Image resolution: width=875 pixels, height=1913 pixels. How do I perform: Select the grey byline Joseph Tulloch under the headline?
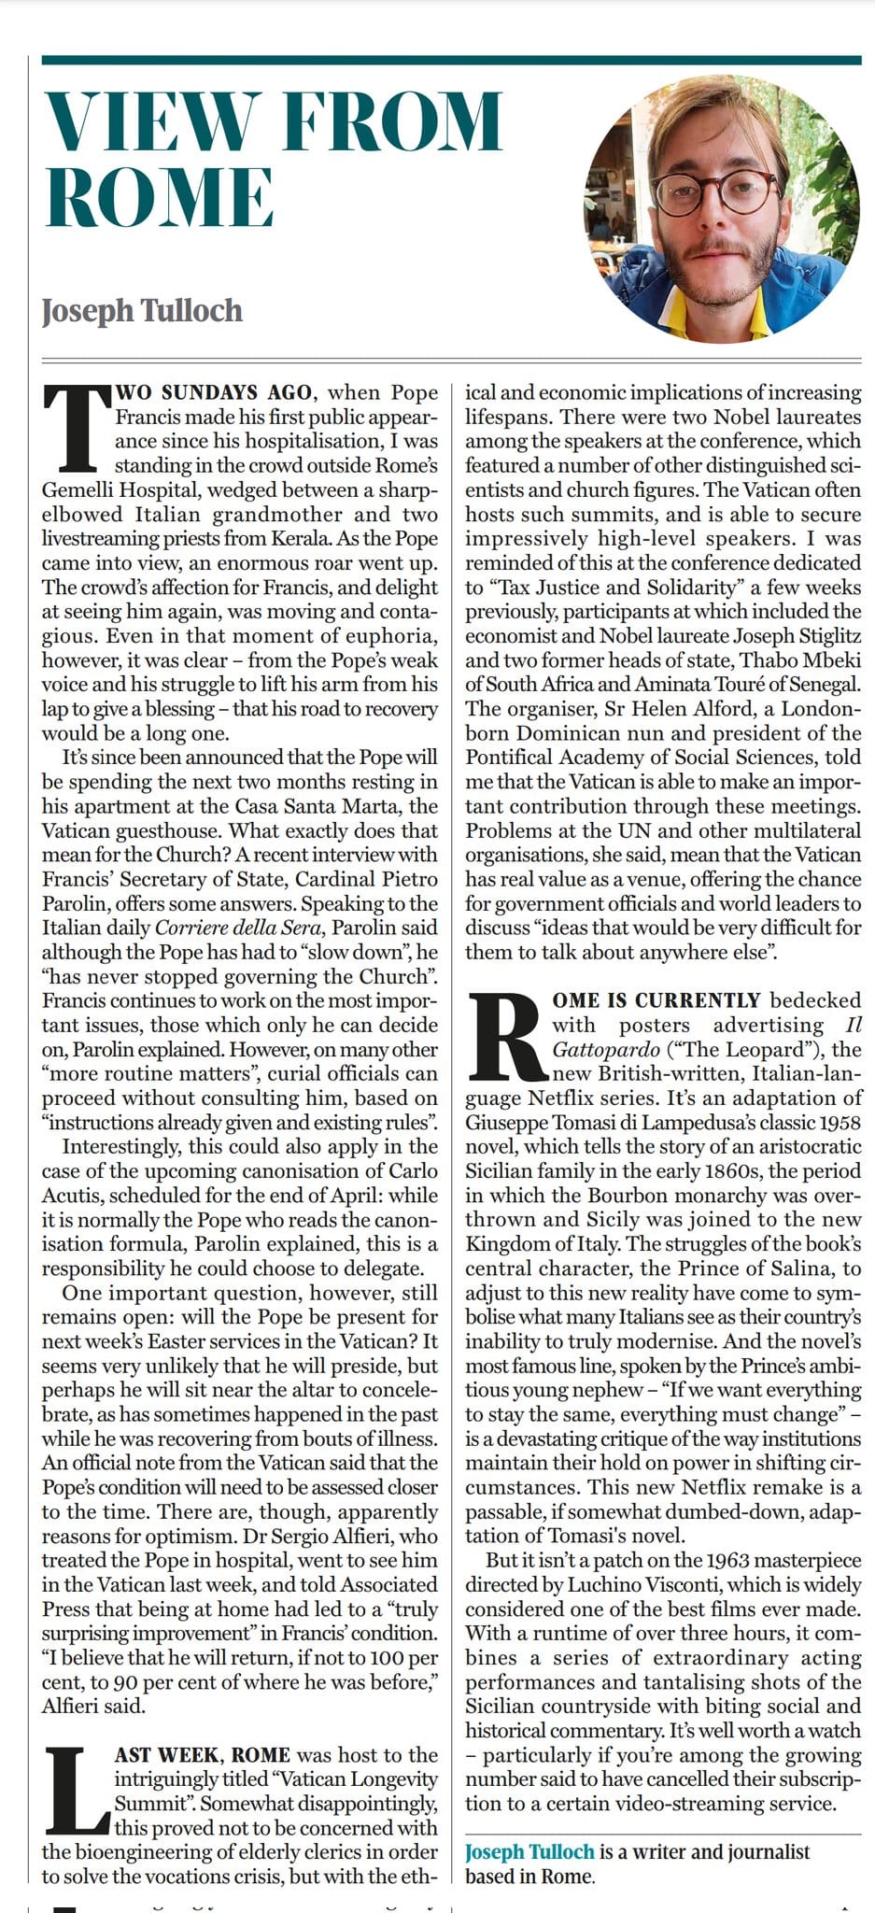[142, 310]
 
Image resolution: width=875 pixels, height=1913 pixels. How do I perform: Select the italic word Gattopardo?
[604, 1049]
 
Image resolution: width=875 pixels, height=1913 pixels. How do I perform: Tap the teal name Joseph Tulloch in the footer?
[529, 1851]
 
